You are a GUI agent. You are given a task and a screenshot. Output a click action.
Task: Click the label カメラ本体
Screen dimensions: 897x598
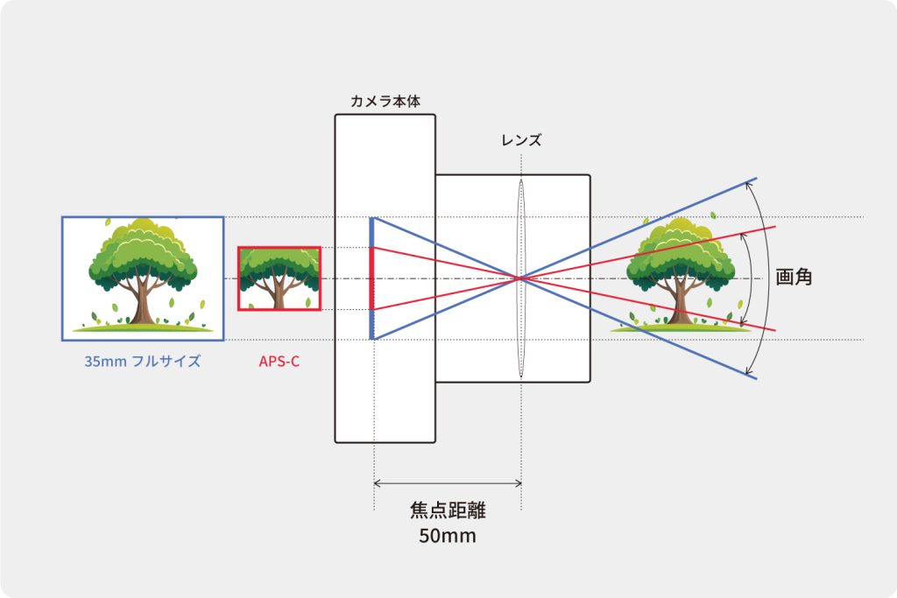(385, 102)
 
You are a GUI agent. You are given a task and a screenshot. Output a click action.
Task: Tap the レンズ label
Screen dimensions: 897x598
(521, 140)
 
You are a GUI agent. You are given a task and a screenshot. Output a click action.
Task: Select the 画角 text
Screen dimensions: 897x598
(794, 278)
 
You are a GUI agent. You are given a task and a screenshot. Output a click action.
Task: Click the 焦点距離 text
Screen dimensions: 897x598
(448, 510)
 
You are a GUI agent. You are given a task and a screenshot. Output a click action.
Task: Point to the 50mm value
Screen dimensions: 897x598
(448, 536)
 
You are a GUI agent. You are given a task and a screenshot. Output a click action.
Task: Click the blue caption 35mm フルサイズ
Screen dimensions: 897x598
(143, 362)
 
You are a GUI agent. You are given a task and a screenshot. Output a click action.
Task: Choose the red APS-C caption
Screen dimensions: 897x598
(279, 362)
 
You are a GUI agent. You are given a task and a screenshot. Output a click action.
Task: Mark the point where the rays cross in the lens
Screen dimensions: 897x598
(521, 278)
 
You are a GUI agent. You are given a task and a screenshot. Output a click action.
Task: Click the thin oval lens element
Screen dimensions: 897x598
(521, 278)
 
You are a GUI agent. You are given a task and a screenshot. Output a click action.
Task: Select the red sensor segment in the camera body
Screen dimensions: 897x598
(371, 278)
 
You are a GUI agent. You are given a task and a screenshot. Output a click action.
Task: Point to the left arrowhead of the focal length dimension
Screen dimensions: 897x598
(375, 483)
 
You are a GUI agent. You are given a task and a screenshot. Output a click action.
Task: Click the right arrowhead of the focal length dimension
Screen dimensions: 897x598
(519, 483)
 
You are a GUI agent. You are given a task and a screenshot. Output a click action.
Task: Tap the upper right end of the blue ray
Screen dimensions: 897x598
(756, 179)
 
